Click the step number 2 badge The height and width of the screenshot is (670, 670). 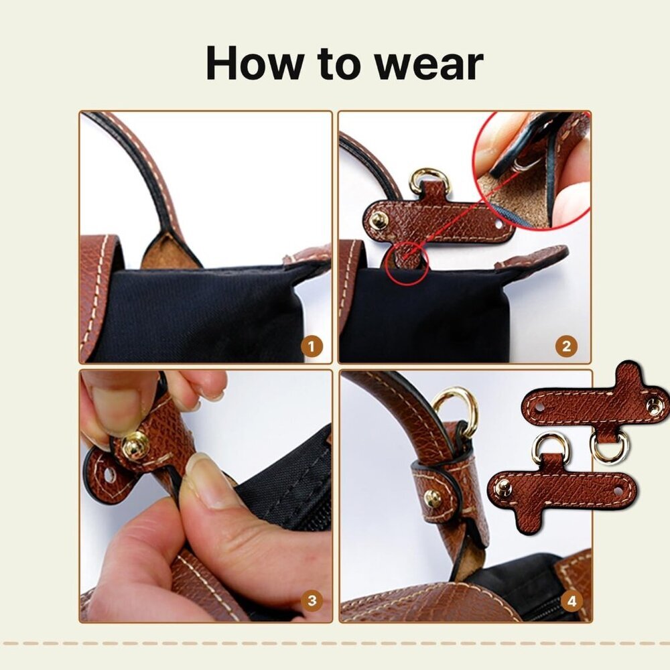click(566, 346)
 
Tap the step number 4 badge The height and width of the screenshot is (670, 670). click(572, 601)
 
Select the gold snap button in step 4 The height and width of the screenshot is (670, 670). click(433, 498)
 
